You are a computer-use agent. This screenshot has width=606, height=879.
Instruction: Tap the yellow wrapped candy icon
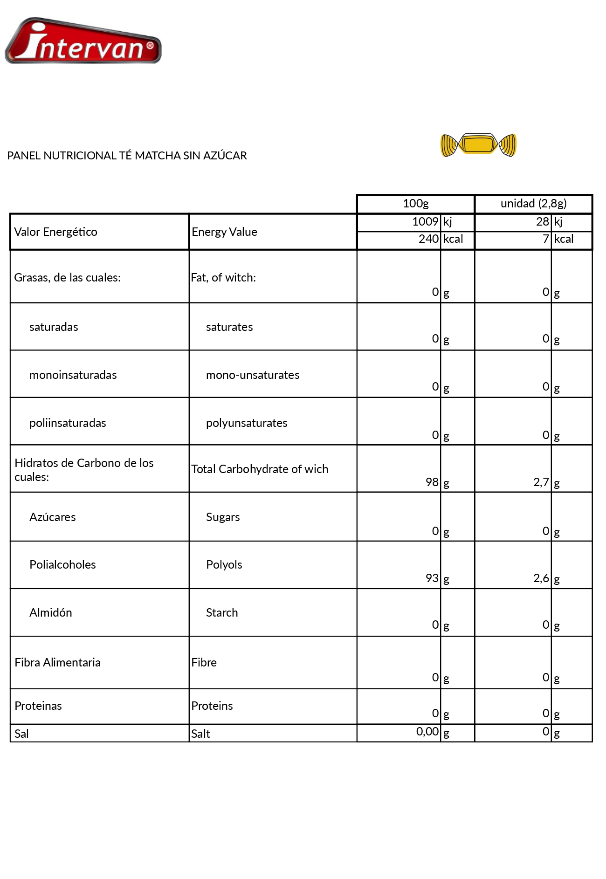(479, 145)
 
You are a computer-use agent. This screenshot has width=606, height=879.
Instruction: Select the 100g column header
(415, 204)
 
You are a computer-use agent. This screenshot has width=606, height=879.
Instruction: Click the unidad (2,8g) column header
(533, 204)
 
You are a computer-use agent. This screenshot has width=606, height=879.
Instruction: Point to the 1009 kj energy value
(425, 222)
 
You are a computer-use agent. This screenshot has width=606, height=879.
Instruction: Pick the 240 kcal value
(428, 239)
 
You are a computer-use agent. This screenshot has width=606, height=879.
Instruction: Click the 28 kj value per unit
(543, 222)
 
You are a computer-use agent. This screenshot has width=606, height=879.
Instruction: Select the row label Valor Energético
(55, 232)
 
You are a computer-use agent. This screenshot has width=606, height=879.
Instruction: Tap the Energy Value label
(224, 232)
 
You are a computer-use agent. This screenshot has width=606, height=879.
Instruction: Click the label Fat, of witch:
(223, 278)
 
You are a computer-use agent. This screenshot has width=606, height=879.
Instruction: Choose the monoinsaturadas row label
(73, 375)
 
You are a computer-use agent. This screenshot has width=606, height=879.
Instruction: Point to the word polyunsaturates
(247, 423)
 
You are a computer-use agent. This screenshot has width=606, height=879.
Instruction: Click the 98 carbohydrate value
(432, 482)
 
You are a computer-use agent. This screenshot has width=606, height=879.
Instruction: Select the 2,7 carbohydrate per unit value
(541, 482)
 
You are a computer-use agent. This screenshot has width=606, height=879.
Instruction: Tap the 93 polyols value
(432, 578)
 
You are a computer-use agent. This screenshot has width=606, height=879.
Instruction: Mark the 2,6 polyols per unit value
(541, 578)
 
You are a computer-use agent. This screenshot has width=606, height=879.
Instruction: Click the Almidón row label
(50, 613)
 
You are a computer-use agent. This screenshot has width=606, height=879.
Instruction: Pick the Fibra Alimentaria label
(57, 663)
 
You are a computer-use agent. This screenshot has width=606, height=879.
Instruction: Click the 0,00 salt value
(427, 732)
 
